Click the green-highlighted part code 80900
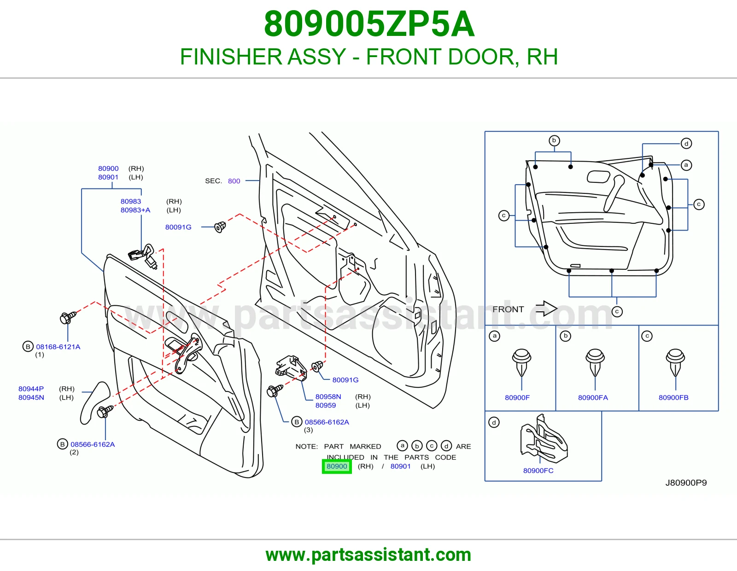pyautogui.click(x=336, y=466)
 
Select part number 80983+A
pyautogui.click(x=135, y=210)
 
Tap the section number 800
pyautogui.click(x=234, y=181)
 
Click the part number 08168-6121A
pyautogui.click(x=58, y=347)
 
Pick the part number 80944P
pyautogui.click(x=31, y=389)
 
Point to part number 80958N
pyautogui.click(x=328, y=396)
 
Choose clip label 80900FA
pyautogui.click(x=593, y=397)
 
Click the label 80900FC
pyautogui.click(x=538, y=470)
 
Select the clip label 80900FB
pyautogui.click(x=673, y=397)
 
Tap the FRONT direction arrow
pyautogui.click(x=546, y=309)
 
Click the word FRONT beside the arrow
pyautogui.click(x=508, y=309)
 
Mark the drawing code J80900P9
pyautogui.click(x=686, y=483)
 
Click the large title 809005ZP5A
pyautogui.click(x=369, y=24)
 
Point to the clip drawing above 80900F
pyautogui.click(x=521, y=362)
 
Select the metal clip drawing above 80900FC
pyautogui.click(x=544, y=438)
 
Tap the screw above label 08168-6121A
pyautogui.click(x=68, y=317)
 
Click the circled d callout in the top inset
pyautogui.click(x=686, y=143)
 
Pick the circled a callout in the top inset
pyautogui.click(x=686, y=165)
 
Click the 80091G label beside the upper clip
pyautogui.click(x=178, y=227)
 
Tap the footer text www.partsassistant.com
pyautogui.click(x=368, y=555)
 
